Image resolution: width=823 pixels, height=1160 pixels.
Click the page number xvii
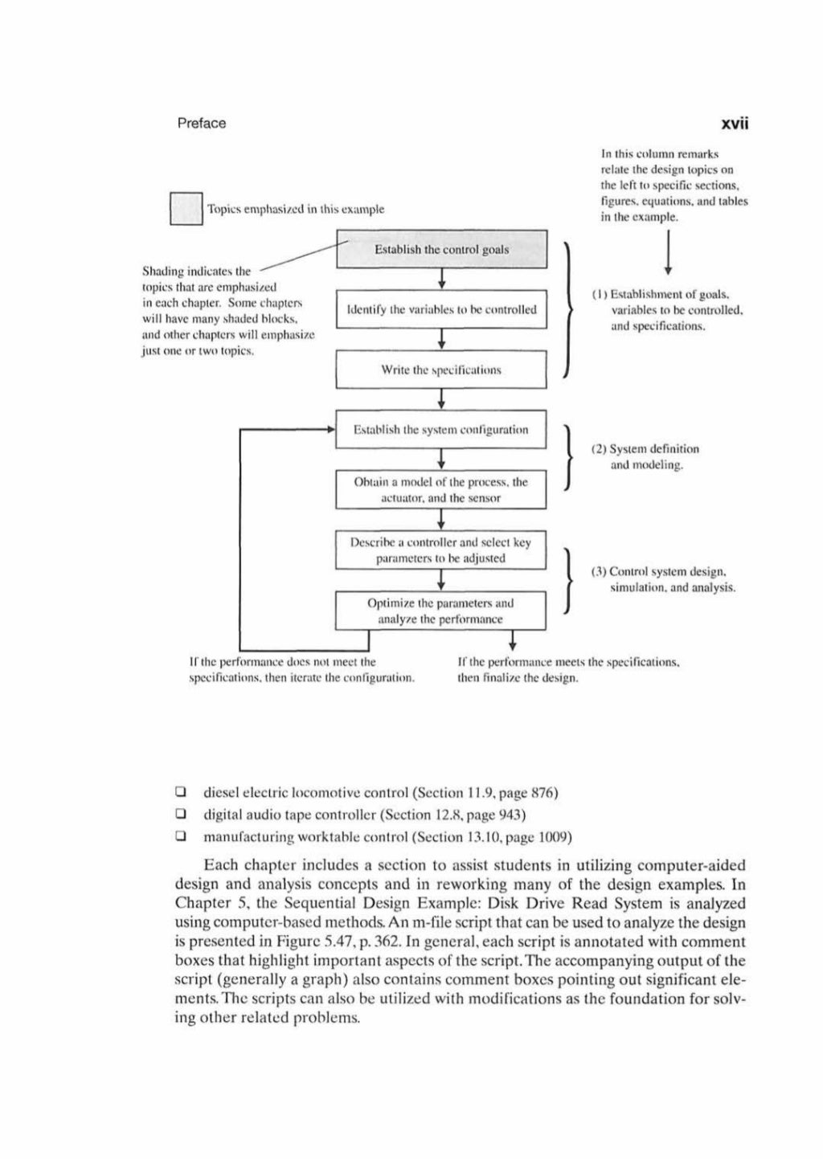734,123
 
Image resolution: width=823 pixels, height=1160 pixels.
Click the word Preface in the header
201,123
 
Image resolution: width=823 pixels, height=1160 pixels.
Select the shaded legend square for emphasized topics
186,209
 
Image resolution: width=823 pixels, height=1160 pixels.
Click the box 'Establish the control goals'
441,249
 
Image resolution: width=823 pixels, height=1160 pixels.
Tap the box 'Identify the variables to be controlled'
441,309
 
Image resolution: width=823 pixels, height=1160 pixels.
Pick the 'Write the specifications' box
441,370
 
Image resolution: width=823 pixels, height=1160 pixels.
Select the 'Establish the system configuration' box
441,430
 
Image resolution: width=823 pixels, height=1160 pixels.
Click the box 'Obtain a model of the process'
441,490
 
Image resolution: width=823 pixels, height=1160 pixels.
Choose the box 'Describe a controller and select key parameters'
441,550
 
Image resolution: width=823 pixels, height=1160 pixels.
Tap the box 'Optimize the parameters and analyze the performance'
441,611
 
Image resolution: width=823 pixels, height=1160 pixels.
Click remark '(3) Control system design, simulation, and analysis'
663,579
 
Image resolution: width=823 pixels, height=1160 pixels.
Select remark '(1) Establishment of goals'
665,310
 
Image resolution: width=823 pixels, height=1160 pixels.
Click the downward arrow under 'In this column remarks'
668,253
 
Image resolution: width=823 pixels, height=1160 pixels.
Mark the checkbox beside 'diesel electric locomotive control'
181,793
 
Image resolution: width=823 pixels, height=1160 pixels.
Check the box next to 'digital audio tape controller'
181,815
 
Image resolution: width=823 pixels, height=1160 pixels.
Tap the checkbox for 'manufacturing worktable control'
181,837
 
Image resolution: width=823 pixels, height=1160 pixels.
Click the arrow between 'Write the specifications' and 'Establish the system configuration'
441,399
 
